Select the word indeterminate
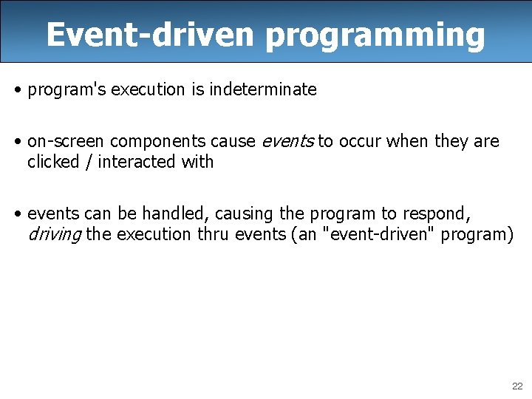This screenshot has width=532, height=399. (263, 90)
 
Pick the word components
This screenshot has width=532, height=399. (155, 142)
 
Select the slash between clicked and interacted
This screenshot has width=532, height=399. (88, 162)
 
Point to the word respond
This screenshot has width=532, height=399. (435, 214)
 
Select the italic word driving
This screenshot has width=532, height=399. (54, 235)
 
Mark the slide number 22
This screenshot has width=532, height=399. (516, 386)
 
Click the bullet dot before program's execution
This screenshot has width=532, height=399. (17, 91)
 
